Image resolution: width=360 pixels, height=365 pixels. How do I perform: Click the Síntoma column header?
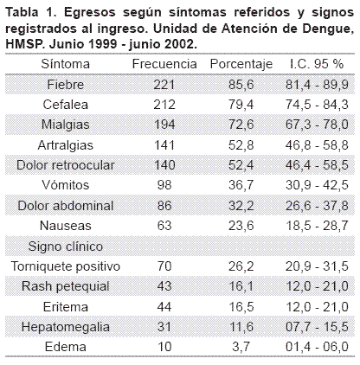tap(66, 64)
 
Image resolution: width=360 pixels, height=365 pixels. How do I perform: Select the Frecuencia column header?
tap(164, 64)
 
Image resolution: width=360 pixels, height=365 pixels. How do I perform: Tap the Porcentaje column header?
tap(241, 64)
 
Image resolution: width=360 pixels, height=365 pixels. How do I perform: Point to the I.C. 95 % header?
tap(317, 64)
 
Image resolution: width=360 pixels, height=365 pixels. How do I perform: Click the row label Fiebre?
tap(66, 85)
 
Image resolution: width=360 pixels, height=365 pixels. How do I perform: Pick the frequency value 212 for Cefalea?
tap(164, 105)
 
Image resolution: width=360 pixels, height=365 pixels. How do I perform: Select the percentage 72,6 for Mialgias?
tap(241, 125)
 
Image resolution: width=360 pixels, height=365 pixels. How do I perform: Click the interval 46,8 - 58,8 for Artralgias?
tap(317, 145)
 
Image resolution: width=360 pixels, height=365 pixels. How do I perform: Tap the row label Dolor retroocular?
tap(66, 165)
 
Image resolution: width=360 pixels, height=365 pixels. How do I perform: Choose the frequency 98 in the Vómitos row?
tap(164, 185)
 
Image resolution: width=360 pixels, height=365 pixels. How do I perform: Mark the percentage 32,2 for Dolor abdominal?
tap(241, 206)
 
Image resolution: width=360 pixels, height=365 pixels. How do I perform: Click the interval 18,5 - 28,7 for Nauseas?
tap(317, 226)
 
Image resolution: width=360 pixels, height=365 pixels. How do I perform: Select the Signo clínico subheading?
tap(66, 247)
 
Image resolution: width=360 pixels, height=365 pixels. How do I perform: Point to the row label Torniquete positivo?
tap(66, 266)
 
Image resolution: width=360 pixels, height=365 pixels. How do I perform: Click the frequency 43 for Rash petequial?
tap(164, 286)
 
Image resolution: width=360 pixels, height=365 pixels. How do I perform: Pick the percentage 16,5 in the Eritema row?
tap(241, 307)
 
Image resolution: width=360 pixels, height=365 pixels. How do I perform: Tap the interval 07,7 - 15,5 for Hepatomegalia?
tap(317, 327)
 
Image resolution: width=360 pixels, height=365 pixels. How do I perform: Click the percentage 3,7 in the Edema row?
tap(241, 347)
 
